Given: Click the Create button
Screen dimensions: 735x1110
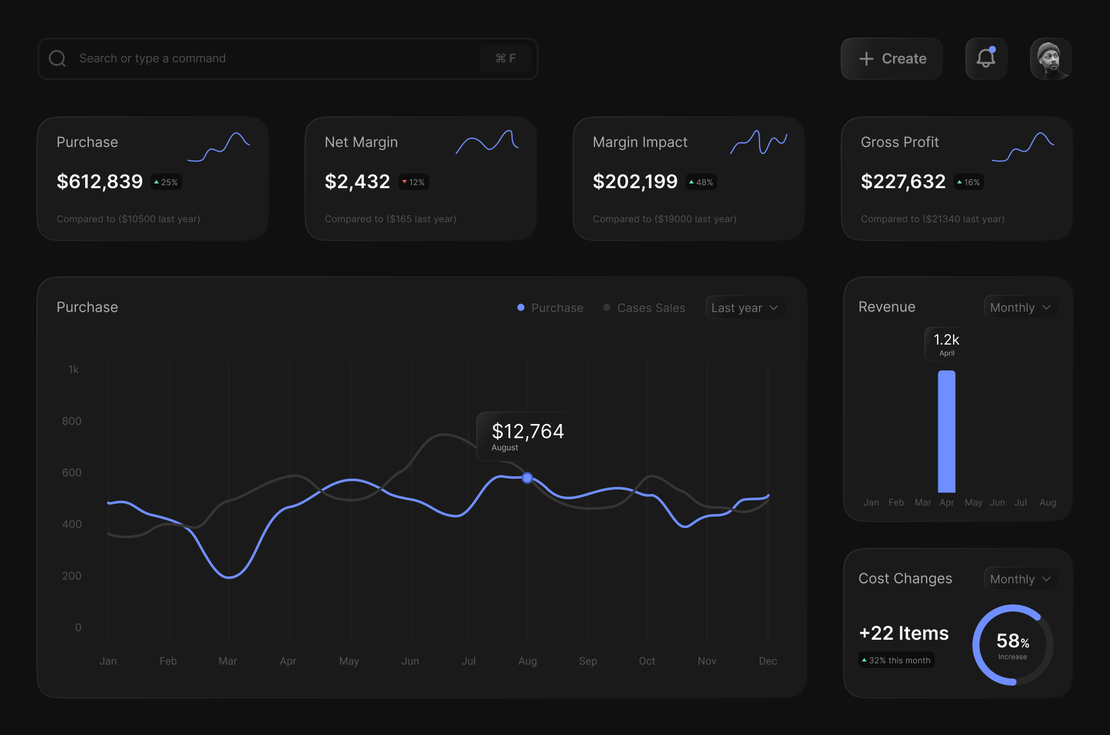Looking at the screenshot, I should pos(892,59).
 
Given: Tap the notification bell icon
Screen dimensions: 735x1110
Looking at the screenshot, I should pos(986,58).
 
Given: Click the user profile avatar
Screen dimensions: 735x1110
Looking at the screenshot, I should pos(1051,59).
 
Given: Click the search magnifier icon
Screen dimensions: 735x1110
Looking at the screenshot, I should pos(57,58).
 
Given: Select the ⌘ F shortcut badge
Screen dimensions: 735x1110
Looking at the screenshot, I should pos(505,58).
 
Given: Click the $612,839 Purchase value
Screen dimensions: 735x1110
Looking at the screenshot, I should pos(99,182).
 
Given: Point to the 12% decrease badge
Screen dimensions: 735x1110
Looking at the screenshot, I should pos(414,182).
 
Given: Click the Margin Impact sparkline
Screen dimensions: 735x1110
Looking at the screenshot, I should pos(758,142).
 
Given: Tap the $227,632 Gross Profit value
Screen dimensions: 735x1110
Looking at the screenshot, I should pos(903,182).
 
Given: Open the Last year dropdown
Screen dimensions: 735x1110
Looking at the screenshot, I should pos(744,308).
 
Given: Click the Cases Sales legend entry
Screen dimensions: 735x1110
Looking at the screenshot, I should pos(644,308).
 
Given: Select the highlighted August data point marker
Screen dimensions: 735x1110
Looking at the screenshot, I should pos(527,478).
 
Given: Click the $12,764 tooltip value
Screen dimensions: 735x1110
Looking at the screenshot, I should pos(527,432).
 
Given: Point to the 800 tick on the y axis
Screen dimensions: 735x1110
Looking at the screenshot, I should pos(72,421).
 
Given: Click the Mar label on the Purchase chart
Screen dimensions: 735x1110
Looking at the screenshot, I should pos(228,661).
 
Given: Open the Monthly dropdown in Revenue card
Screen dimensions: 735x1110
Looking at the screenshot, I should pos(1020,308).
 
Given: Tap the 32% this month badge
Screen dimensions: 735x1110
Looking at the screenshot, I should pos(896,660).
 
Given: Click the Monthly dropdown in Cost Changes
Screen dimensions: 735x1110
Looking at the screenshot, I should pos(1020,579).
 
